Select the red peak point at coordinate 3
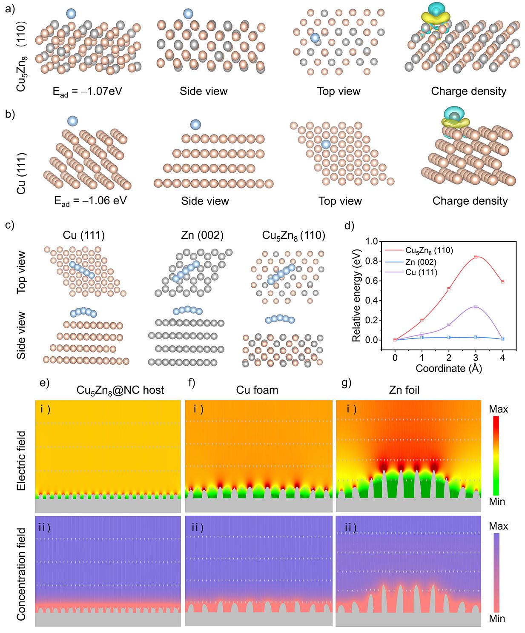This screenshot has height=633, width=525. [476, 257]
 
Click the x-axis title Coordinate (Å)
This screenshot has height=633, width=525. [448, 369]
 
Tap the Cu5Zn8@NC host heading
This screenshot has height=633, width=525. [120, 390]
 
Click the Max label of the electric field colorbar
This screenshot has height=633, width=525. [498, 410]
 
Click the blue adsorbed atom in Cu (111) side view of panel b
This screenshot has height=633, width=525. [195, 124]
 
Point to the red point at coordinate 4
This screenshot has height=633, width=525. [502, 282]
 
